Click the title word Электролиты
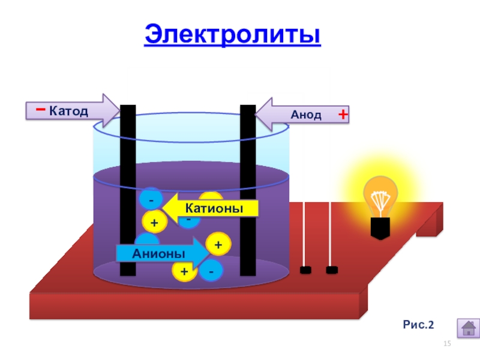point(233,35)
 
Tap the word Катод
point(68,111)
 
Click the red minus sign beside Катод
point(40,110)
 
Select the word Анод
point(306,115)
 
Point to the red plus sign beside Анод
point(343,114)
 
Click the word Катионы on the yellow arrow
point(214,208)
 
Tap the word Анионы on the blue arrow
point(151,254)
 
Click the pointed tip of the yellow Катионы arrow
point(165,208)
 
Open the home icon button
point(468,328)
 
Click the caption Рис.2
point(418,325)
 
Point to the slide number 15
point(446,343)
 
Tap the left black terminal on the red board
point(305,271)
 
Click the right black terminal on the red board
point(331,271)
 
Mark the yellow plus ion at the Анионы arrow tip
point(217,245)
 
